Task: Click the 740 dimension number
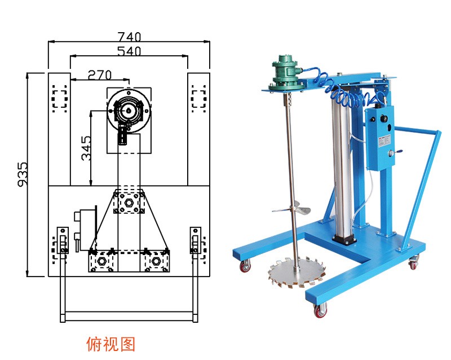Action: [x=129, y=37]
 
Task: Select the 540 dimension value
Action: [x=129, y=51]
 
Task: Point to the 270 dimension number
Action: [x=100, y=75]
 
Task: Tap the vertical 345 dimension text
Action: [x=86, y=148]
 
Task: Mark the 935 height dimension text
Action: [x=23, y=175]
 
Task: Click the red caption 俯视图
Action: [x=110, y=344]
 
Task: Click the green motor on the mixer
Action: [x=286, y=73]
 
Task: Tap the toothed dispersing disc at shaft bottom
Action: [x=297, y=273]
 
